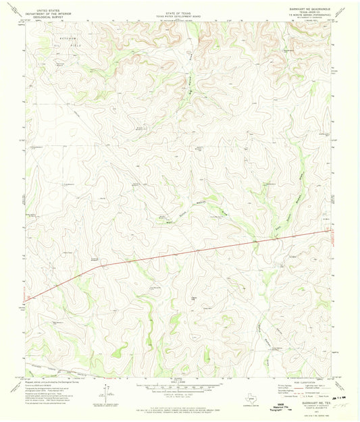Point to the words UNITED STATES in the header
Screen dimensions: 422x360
click(x=53, y=7)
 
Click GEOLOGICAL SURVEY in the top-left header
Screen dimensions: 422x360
click(x=53, y=15)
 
